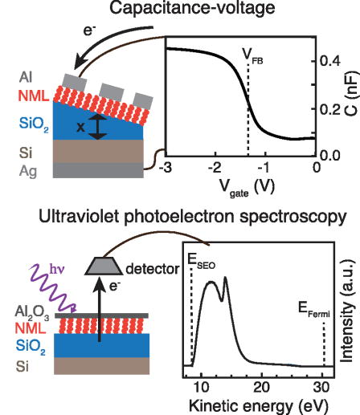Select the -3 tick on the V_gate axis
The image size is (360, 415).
point(166,167)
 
